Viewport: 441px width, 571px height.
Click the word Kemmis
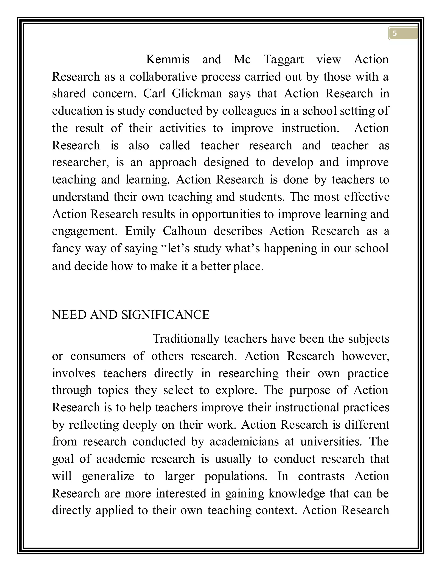(x=168, y=59)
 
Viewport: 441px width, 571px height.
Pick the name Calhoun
(x=185, y=231)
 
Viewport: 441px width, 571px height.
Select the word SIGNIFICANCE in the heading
(x=165, y=315)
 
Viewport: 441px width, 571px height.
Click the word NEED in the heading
(x=69, y=315)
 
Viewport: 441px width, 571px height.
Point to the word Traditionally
(x=186, y=339)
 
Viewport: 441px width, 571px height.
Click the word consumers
(x=98, y=356)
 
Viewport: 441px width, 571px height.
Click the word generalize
(x=108, y=476)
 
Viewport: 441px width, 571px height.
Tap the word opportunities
(x=226, y=214)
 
